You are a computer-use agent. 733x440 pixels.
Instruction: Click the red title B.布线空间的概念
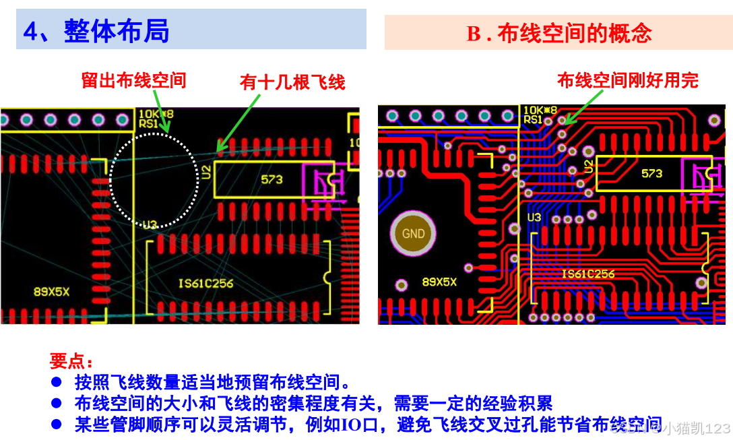pyautogui.click(x=559, y=34)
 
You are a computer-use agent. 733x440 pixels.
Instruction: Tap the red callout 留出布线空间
pyautogui.click(x=133, y=81)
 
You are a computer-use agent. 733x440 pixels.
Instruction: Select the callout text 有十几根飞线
pyautogui.click(x=292, y=82)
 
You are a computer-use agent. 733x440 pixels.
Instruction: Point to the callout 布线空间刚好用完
pyautogui.click(x=627, y=81)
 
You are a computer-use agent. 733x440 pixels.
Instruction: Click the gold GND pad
pyautogui.click(x=413, y=234)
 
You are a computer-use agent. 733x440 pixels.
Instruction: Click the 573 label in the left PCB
pyautogui.click(x=272, y=179)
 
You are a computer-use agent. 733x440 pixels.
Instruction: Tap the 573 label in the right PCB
pyautogui.click(x=651, y=173)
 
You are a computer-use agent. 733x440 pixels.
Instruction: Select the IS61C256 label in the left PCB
pyautogui.click(x=206, y=284)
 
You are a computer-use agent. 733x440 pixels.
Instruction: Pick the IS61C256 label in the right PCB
pyautogui.click(x=588, y=274)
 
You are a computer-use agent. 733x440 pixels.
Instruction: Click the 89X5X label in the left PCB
pyautogui.click(x=52, y=292)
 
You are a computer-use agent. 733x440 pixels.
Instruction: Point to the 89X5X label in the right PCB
pyautogui.click(x=439, y=282)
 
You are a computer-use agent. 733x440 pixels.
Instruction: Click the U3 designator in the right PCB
pyautogui.click(x=534, y=218)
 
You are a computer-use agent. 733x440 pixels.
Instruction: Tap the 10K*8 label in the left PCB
pyautogui.click(x=156, y=114)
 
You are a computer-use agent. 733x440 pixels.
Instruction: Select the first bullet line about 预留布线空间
pyautogui.click(x=212, y=383)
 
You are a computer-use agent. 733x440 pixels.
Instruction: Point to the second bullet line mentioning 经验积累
pyautogui.click(x=313, y=404)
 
